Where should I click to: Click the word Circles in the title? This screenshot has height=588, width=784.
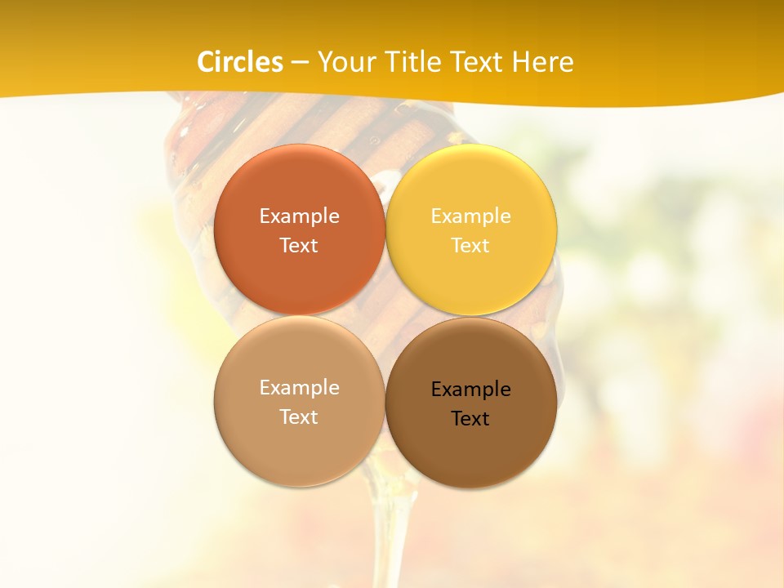[240, 62]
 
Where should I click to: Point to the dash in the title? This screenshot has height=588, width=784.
[300, 63]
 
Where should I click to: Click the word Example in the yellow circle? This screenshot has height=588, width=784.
[471, 216]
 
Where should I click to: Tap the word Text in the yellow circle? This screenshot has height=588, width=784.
[471, 245]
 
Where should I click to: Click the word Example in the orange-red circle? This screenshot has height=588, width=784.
[299, 216]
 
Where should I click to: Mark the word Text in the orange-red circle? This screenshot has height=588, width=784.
[299, 245]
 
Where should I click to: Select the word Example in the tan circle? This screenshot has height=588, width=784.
[299, 387]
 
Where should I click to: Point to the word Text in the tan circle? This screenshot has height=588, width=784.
[299, 416]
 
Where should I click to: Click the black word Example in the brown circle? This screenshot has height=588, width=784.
[471, 389]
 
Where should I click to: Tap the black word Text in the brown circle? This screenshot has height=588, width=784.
[471, 418]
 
